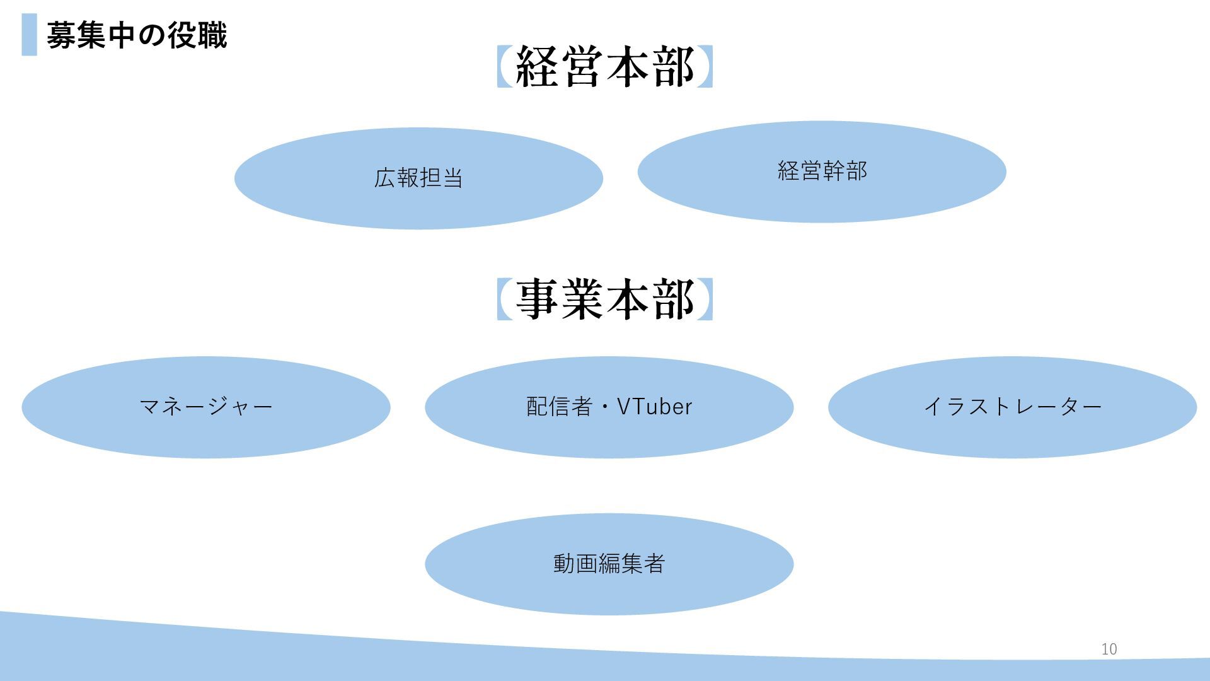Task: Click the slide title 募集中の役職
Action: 136,35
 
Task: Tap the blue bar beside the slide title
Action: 29,35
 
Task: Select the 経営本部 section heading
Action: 604,67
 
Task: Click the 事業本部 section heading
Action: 604,300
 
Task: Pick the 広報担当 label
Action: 418,178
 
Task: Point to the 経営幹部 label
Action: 822,171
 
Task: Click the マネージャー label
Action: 205,407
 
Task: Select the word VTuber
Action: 654,407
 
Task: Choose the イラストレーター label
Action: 1012,407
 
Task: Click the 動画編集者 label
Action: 609,564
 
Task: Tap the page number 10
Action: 1109,649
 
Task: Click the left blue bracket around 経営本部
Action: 504,67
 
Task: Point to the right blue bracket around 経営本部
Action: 706,67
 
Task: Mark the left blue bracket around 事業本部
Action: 504,300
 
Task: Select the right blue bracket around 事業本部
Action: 706,300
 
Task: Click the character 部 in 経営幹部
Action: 856,171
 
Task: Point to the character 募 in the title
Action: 61,35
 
